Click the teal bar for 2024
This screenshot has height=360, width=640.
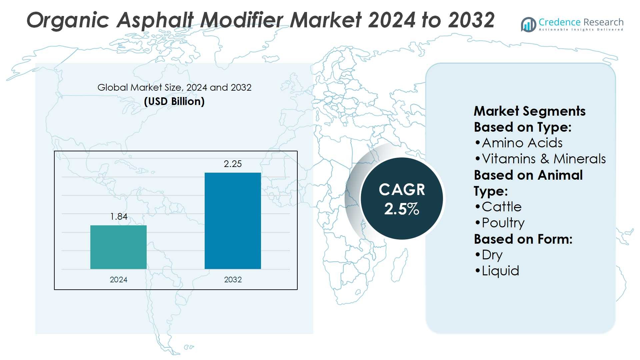(x=118, y=247)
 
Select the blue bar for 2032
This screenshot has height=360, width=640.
(x=233, y=221)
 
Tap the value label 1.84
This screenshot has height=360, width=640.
(x=119, y=217)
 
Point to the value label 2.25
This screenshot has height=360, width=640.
(x=233, y=164)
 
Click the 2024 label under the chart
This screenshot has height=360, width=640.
(x=118, y=280)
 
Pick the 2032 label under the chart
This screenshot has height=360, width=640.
(x=233, y=280)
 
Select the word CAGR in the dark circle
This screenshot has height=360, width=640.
(x=402, y=190)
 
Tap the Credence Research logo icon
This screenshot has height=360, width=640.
(x=529, y=25)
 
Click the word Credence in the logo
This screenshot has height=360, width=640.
(x=559, y=22)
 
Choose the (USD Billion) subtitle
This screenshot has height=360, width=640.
(x=174, y=101)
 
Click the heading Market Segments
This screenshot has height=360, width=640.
(x=529, y=111)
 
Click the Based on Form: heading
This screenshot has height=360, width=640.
(x=523, y=239)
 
